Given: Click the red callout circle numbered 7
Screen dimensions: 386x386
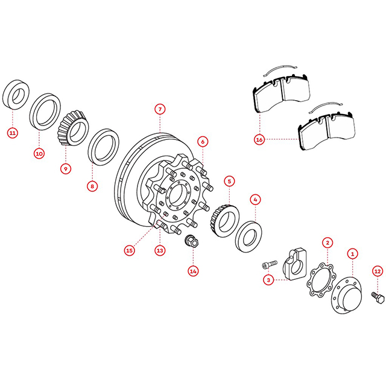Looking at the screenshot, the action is pyautogui.click(x=160, y=109).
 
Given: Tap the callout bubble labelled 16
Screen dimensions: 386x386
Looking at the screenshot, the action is pyautogui.click(x=259, y=140).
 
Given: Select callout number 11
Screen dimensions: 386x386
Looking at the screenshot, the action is pyautogui.click(x=13, y=133).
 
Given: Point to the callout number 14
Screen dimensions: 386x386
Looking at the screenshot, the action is pyautogui.click(x=193, y=271).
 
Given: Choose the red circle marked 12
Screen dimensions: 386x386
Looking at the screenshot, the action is pyautogui.click(x=378, y=271).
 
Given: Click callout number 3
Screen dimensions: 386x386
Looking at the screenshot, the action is pyautogui.click(x=268, y=280).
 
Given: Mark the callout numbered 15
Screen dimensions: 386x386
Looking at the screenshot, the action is pyautogui.click(x=130, y=251).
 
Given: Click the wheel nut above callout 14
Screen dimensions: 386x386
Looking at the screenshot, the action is pyautogui.click(x=191, y=241).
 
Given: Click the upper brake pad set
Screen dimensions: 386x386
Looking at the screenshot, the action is pyautogui.click(x=282, y=92).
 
